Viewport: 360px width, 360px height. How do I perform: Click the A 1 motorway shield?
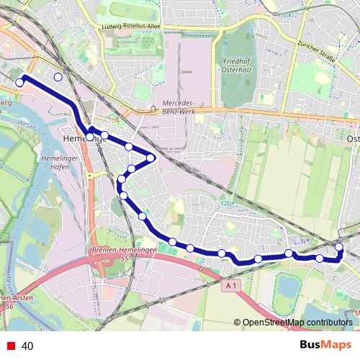click(x=230, y=286)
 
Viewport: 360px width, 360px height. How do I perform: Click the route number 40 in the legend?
click(x=27, y=346)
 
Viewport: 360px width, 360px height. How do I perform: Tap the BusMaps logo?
click(x=325, y=346)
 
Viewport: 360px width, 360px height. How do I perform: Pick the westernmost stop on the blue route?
click(x=20, y=84)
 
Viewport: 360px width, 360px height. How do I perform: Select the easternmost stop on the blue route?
click(x=339, y=248)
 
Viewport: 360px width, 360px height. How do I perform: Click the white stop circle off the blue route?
click(x=58, y=76)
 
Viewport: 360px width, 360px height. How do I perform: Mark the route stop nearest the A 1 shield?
click(x=222, y=253)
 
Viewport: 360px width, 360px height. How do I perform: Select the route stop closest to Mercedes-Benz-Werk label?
click(x=150, y=157)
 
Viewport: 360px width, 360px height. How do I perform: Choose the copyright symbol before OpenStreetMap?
click(x=237, y=323)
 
